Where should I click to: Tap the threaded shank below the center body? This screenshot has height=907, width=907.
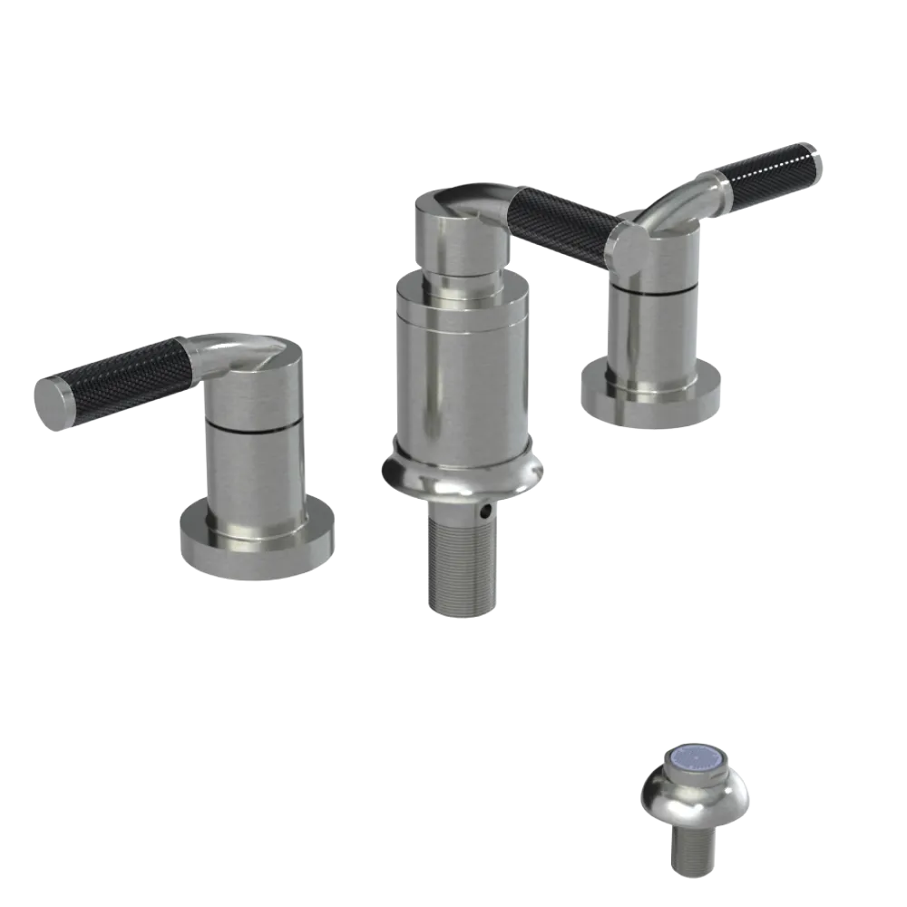[x=461, y=562]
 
